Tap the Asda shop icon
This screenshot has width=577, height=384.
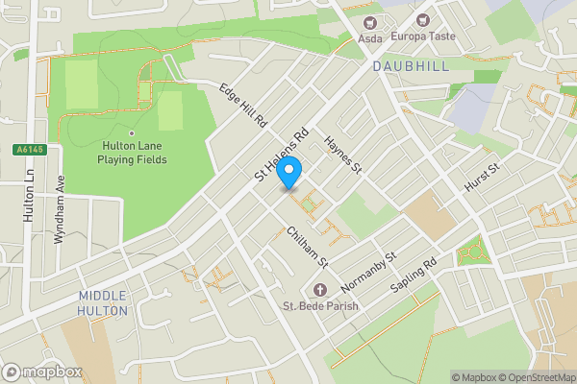[x=369, y=22]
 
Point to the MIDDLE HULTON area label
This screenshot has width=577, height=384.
[x=104, y=303]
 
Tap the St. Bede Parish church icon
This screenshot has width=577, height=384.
[x=320, y=290]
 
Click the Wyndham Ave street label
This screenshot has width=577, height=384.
[x=59, y=210]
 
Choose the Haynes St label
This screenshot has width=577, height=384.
[x=342, y=154]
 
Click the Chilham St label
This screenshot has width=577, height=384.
[x=308, y=247]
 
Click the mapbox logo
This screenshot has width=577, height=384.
[x=42, y=372]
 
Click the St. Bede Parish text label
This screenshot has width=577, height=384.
[x=320, y=307]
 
